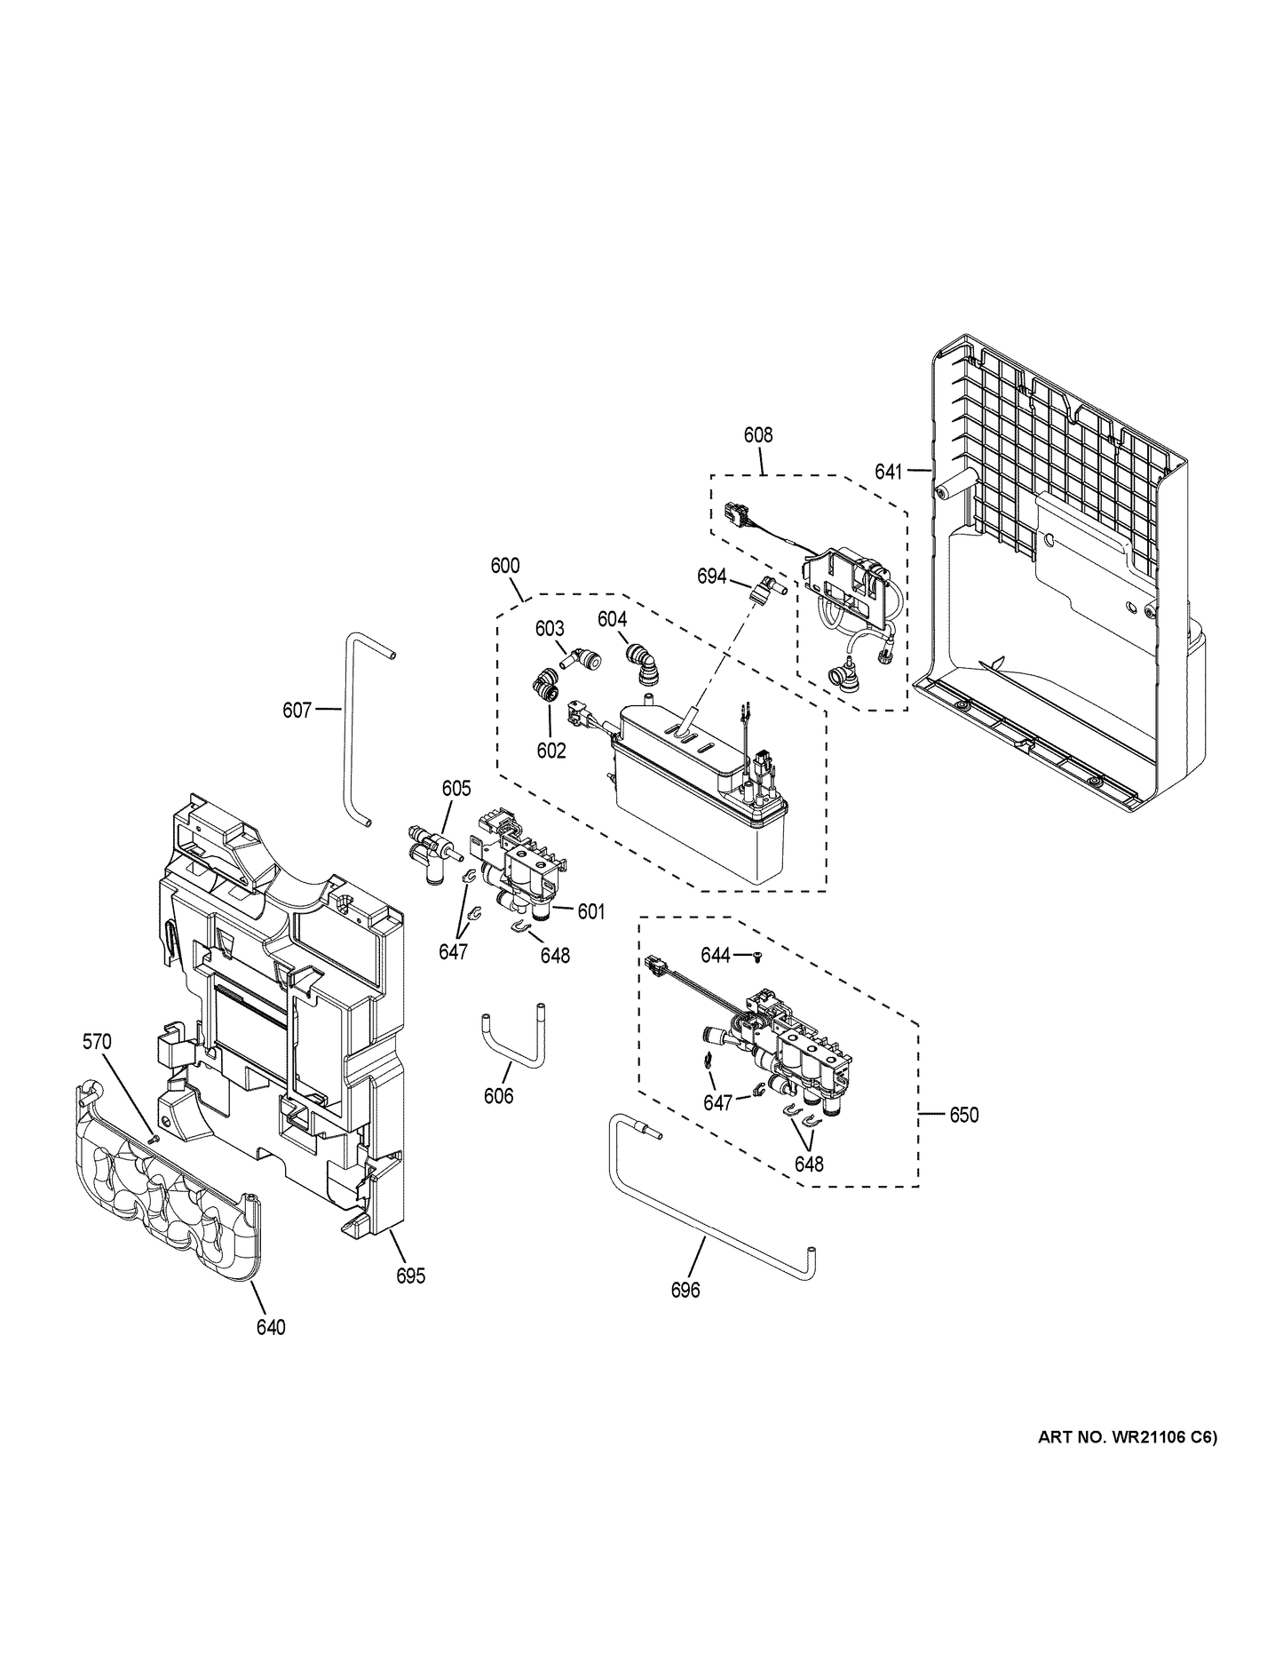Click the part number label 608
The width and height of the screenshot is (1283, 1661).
click(x=757, y=435)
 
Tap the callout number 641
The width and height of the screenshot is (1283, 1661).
click(x=888, y=472)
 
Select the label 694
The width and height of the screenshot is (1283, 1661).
click(x=711, y=576)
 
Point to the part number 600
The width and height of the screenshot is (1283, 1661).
click(x=505, y=566)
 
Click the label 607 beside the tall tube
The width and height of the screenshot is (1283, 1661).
click(x=297, y=710)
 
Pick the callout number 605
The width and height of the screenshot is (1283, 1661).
click(x=455, y=788)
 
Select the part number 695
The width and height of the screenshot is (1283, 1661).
click(x=410, y=1276)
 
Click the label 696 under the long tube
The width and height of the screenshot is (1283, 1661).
click(x=685, y=1290)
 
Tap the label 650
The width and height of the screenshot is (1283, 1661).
click(x=963, y=1114)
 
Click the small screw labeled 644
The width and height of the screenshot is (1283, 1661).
click(x=757, y=956)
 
